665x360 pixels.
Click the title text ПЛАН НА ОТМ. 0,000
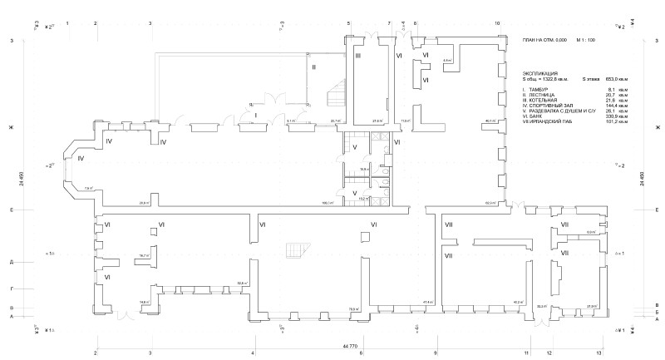pos(544,40)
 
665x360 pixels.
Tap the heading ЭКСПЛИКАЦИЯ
pos(540,73)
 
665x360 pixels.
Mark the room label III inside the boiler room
pos(357,56)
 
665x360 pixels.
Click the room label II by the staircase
pos(313,66)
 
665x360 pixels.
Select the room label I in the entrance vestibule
pos(257,114)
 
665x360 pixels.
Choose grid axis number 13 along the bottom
pos(598,353)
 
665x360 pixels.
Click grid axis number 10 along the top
pos(496,23)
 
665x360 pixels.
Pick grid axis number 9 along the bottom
pos(434,353)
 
